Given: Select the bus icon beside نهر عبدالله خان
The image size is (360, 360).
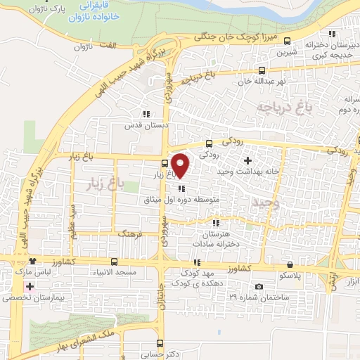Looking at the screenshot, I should click(x=262, y=70).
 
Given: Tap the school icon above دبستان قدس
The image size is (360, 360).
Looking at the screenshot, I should click(x=146, y=114).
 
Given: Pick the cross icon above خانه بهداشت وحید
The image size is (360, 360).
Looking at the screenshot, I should click(x=247, y=162).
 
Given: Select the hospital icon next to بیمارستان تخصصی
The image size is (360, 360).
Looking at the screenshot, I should click(x=28, y=287).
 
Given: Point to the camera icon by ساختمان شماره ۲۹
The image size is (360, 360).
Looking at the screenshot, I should click(x=259, y=286).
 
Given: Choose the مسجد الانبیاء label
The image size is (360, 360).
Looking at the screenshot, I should click(x=117, y=271).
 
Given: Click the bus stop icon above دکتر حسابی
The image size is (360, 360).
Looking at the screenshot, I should click(x=161, y=344).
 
